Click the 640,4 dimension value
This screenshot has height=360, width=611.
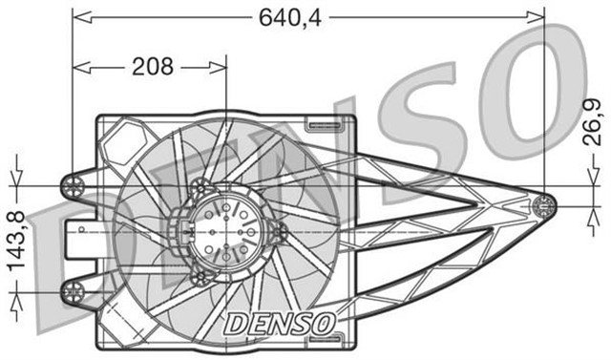(x=289, y=16)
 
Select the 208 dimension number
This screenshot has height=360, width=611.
(x=152, y=66)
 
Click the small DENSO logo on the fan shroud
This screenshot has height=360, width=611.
(x=280, y=323)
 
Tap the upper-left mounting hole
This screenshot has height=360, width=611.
(x=73, y=183)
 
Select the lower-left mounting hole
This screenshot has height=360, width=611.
(x=73, y=289)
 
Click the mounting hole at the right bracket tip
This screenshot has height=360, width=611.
(x=543, y=203)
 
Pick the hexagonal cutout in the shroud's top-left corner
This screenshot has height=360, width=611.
(x=121, y=145)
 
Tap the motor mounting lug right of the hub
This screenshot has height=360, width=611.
(x=279, y=232)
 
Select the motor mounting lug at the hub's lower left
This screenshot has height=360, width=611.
(x=199, y=278)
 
